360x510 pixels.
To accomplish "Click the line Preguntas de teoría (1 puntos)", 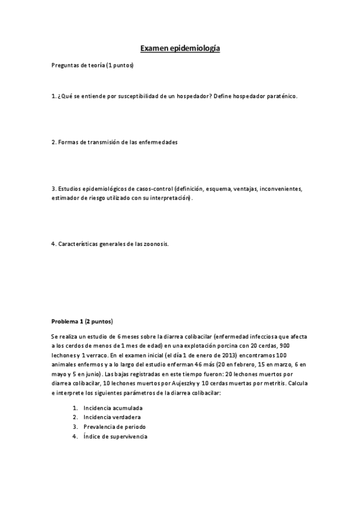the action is (x=93, y=65).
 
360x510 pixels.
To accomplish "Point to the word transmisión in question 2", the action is (x=100, y=142).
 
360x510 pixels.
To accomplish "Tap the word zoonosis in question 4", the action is (x=154, y=244).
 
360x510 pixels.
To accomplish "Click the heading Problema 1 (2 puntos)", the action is (x=82, y=321).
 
